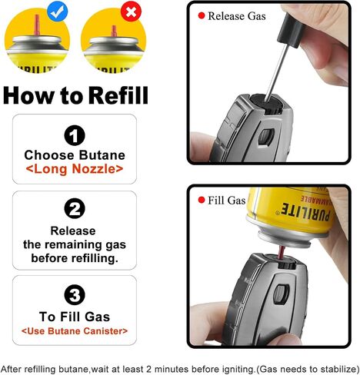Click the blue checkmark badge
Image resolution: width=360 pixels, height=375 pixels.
58,12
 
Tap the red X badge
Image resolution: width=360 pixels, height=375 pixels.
131,12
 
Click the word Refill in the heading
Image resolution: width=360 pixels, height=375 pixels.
118,95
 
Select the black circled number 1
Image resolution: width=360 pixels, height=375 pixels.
75,135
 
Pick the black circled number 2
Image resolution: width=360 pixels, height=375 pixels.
75,208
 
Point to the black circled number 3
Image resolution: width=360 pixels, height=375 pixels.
75,294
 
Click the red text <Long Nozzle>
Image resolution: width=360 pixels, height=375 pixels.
75,169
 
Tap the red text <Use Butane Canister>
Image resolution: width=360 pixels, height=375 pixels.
75,331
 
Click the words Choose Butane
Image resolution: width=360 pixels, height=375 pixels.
75,155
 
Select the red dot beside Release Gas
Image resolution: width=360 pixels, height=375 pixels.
202,16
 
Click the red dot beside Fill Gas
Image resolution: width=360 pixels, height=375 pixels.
202,200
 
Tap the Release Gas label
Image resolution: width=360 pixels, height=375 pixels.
237,16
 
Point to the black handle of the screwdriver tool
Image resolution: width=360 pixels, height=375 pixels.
292,31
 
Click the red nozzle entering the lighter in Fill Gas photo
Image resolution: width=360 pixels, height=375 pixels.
282,253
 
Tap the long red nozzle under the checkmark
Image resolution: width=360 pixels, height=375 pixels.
37,25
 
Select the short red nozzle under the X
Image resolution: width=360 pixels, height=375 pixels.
114,31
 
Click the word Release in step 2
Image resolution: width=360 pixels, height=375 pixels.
73,231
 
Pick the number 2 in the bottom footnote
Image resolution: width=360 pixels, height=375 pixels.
149,370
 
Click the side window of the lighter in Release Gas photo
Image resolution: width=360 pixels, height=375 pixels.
266,136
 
